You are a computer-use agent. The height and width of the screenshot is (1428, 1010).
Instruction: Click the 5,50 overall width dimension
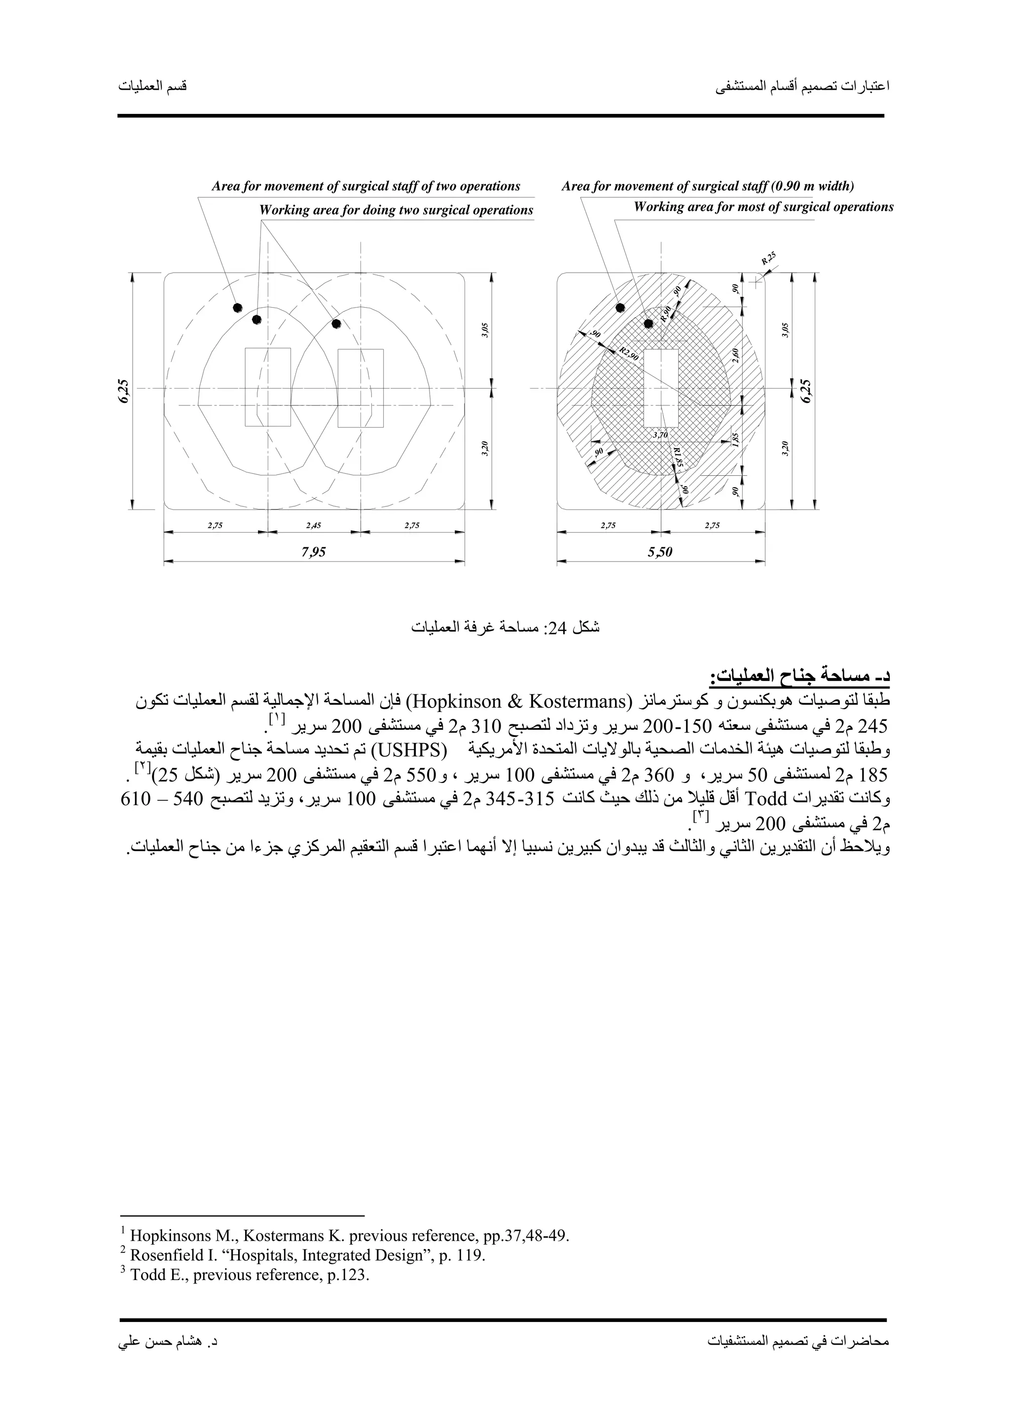(x=660, y=552)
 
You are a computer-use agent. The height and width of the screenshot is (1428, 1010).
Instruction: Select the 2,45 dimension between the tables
(x=314, y=525)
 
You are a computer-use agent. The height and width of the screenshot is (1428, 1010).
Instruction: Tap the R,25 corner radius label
(x=769, y=257)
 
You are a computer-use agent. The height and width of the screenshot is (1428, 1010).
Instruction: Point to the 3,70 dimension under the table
(x=660, y=435)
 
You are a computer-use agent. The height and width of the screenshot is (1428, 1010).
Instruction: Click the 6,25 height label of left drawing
(x=124, y=391)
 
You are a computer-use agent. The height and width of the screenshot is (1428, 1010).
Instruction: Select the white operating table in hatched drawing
(x=660, y=386)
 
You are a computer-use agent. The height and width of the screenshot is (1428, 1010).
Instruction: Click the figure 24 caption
(x=505, y=627)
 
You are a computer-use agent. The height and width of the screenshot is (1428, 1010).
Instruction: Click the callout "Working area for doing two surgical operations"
(x=396, y=210)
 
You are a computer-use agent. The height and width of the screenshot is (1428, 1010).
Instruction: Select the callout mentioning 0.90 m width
(x=707, y=186)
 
